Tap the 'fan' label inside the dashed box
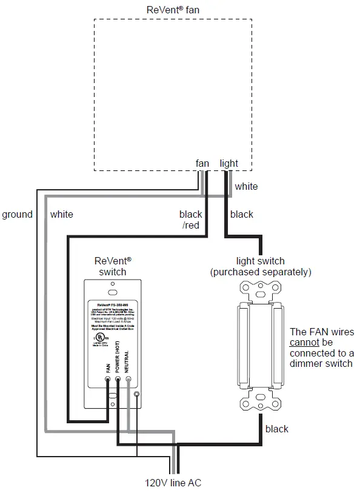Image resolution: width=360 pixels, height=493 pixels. point(202,163)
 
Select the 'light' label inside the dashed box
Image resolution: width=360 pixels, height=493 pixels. point(229,163)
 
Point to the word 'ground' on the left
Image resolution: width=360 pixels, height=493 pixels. point(17,214)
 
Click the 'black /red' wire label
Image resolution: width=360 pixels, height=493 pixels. point(191,220)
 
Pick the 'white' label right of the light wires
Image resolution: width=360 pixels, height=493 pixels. point(246,186)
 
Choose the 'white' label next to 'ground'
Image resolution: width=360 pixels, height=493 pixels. point(61,214)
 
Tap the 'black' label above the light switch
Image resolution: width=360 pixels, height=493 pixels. point(242,214)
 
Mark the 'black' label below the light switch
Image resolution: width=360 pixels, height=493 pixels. point(277,429)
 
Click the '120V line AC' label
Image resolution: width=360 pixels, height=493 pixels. point(173,483)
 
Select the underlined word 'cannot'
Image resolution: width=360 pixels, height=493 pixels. point(305,343)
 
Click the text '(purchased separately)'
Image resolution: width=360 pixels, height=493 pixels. point(261,272)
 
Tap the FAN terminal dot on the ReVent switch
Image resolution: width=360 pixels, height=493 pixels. point(107,380)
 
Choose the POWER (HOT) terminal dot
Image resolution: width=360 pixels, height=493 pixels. point(118,380)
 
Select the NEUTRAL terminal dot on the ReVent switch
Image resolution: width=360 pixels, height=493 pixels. point(128,380)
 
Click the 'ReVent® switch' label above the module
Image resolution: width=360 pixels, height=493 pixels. point(113,266)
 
